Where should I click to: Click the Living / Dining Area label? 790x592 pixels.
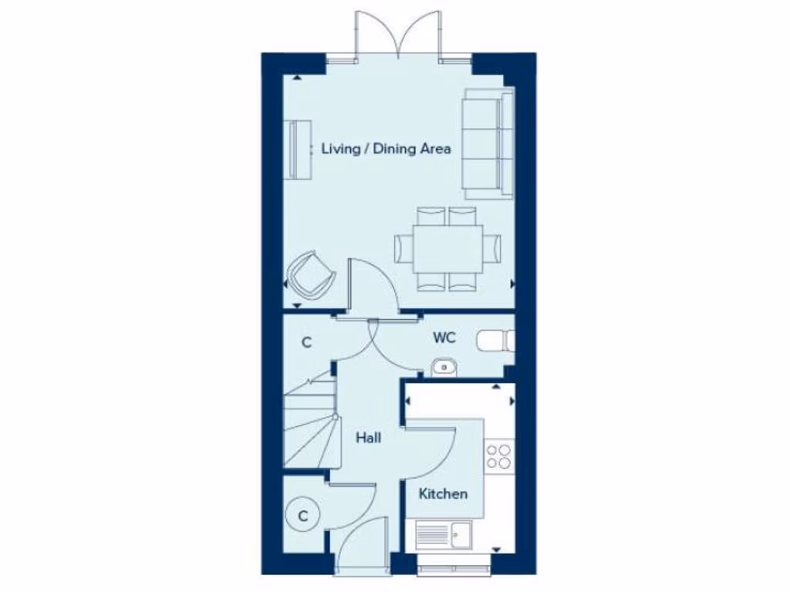point(386,149)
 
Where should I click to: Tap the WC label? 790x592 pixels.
point(444,338)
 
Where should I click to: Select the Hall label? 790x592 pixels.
point(368,438)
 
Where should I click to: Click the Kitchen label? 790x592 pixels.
point(443,493)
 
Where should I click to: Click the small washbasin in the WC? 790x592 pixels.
point(443,367)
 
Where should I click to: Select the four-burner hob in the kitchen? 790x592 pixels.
point(498,456)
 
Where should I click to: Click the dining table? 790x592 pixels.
point(447,248)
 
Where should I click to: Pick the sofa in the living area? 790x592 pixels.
point(488,142)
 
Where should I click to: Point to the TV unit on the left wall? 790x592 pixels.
point(297,150)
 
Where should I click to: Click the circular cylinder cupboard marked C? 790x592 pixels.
point(303,516)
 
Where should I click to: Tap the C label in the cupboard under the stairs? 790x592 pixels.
point(306,342)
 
